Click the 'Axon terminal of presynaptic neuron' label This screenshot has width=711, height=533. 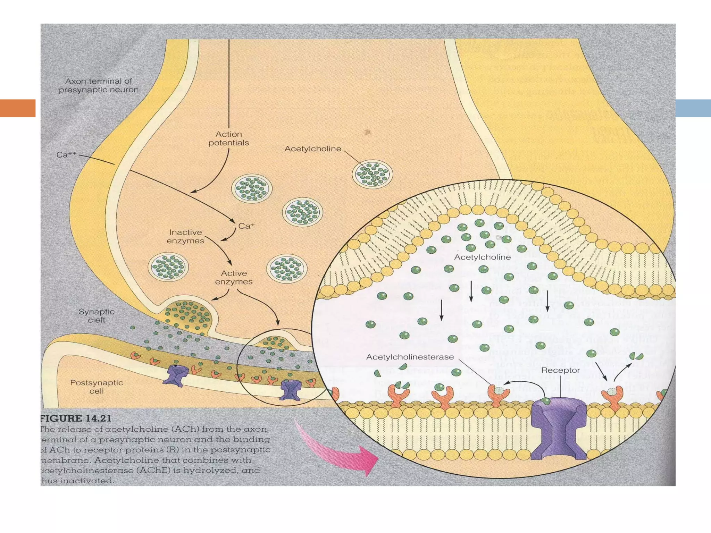point(99,85)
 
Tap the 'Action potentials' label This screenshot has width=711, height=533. point(228,138)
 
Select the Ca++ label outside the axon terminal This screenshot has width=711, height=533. point(66,155)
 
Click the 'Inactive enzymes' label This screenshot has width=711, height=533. point(185,236)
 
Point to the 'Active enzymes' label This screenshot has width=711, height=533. point(234,277)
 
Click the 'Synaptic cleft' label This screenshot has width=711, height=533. point(96,316)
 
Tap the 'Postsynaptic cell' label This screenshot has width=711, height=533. point(97,387)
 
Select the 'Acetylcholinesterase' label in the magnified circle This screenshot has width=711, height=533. point(410,357)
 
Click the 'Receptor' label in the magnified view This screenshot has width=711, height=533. point(560,370)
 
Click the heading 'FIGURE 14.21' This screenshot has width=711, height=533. point(76,418)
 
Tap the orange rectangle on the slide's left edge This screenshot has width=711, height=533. point(18,108)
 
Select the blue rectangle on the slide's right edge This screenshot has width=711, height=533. point(693,108)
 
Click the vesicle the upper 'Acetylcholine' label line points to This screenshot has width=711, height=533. point(372,174)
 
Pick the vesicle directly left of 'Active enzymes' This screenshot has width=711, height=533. point(168,267)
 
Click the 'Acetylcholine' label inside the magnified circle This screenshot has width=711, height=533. point(482,257)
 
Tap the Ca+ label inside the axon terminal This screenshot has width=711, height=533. point(246,226)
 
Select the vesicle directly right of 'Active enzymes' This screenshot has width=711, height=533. point(287,269)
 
